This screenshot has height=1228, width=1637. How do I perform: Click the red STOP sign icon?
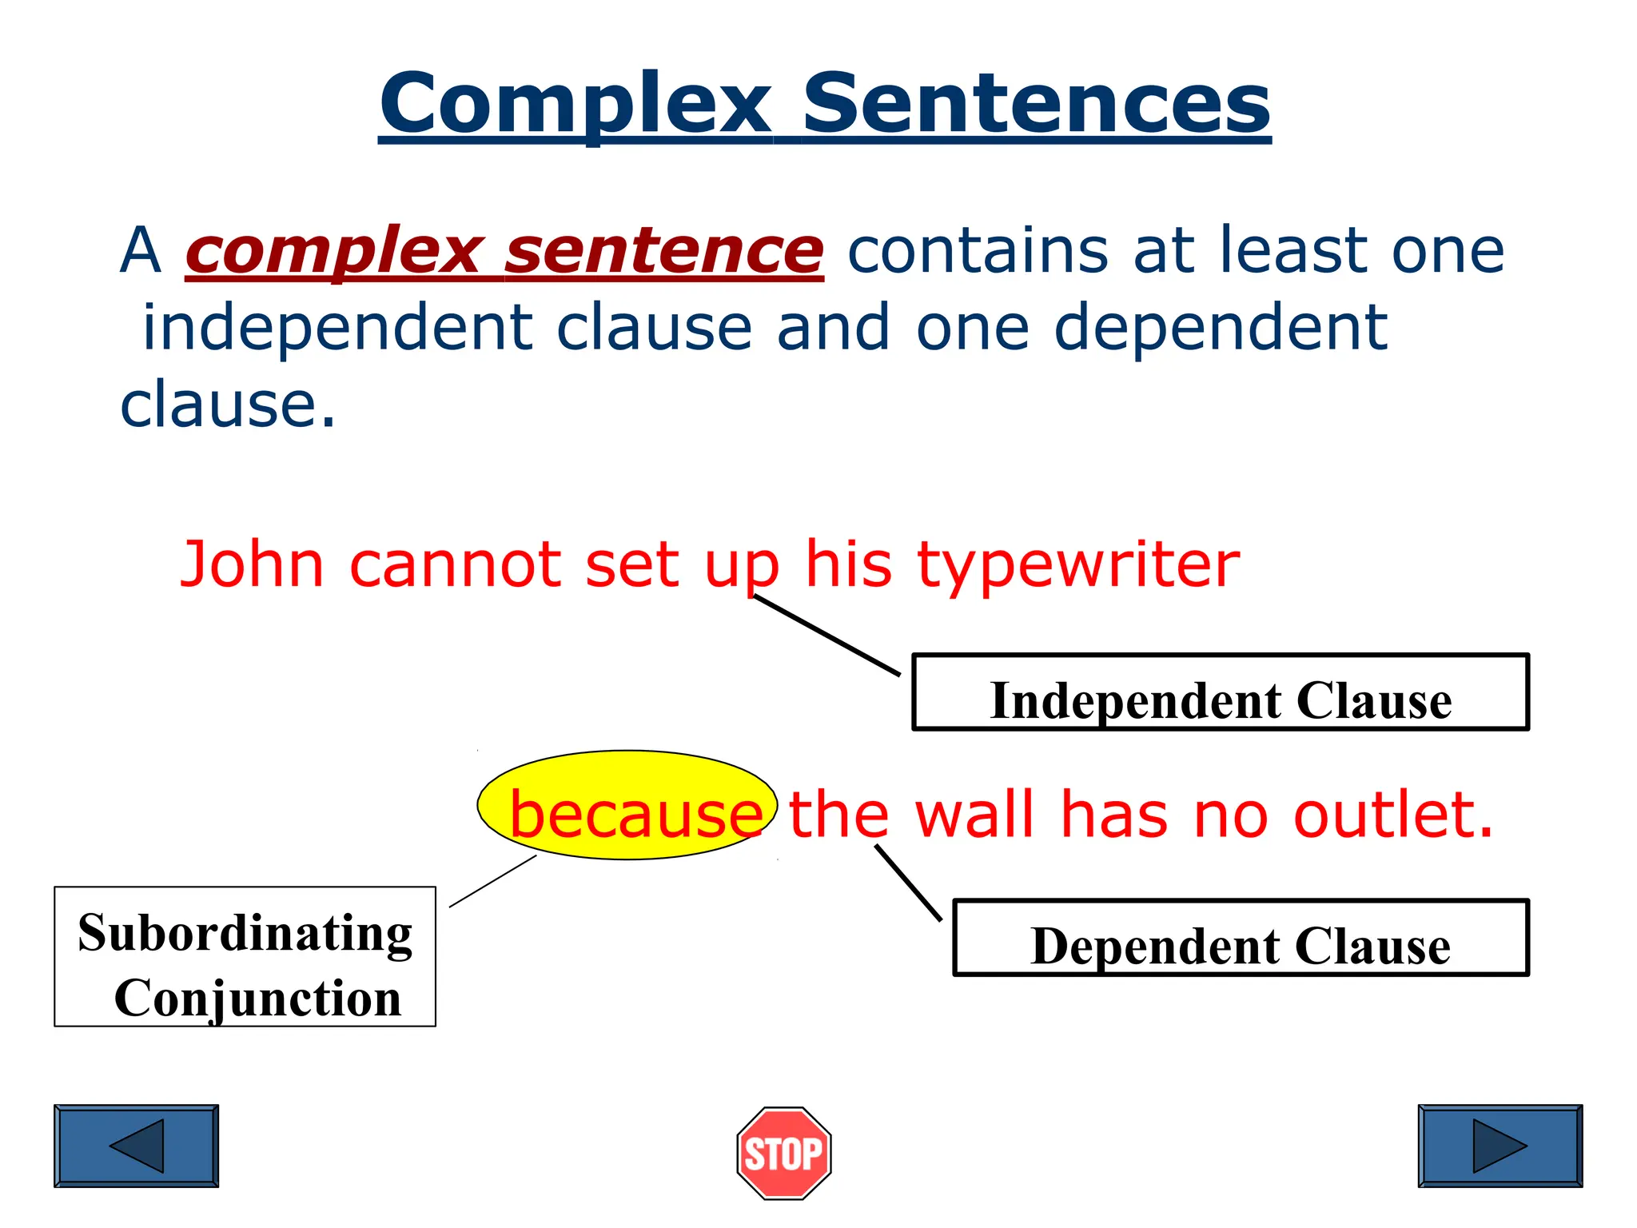(x=784, y=1153)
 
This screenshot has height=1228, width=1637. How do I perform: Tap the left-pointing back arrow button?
(x=136, y=1146)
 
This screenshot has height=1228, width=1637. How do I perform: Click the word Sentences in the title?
(x=1036, y=104)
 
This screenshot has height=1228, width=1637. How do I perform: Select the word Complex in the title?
(x=576, y=104)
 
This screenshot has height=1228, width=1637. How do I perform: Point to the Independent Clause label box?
(x=1220, y=692)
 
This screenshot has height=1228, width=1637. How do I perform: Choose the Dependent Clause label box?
(x=1241, y=938)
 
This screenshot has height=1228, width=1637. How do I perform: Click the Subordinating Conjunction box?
(x=245, y=956)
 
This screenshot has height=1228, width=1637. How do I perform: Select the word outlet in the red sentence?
(x=1392, y=815)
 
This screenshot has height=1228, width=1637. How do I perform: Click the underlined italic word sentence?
(x=663, y=252)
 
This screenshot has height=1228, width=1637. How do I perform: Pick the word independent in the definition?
(x=337, y=329)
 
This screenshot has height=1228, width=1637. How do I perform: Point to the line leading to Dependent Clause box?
(x=909, y=883)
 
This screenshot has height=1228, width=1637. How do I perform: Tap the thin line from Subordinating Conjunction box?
(x=493, y=881)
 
